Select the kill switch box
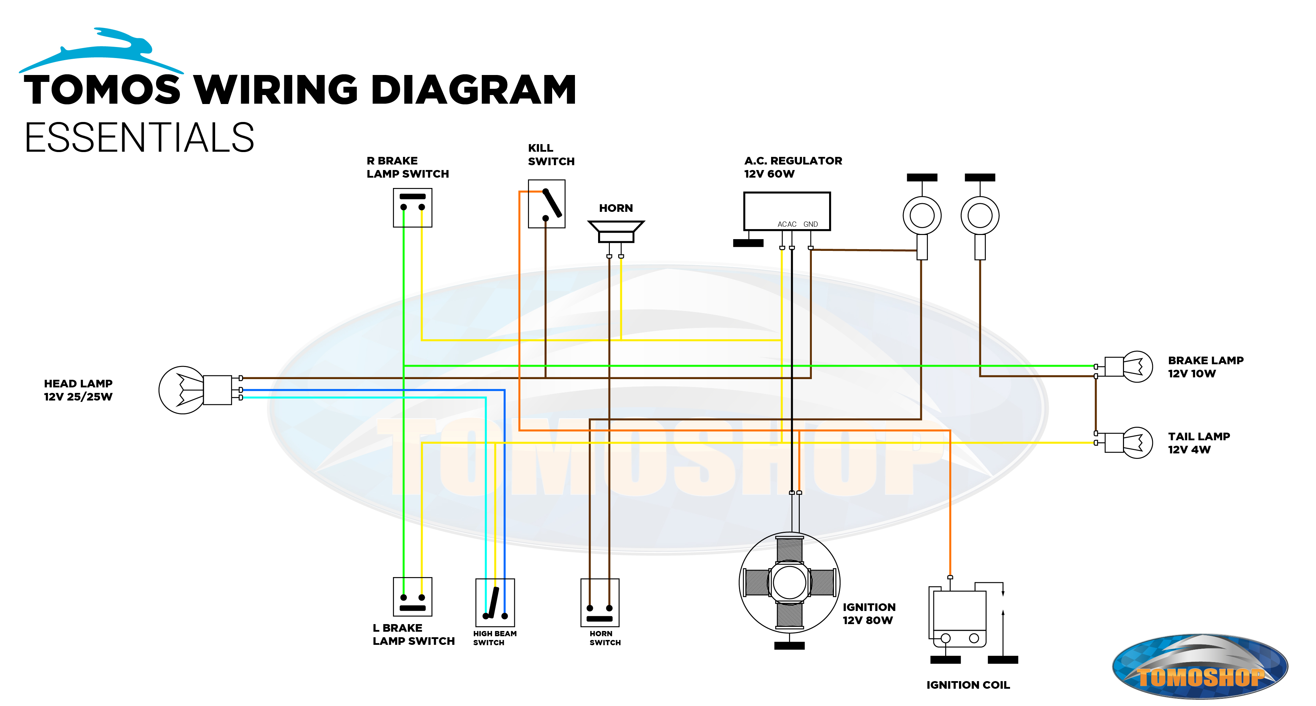point(546,204)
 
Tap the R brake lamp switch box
point(412,208)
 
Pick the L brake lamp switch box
point(412,596)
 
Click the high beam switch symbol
point(494,602)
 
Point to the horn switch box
point(600,602)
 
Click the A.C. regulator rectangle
point(786,210)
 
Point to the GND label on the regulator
point(810,224)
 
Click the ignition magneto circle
point(789,582)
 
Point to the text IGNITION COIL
point(968,685)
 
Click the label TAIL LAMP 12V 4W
point(1199,443)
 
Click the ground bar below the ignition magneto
point(789,646)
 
